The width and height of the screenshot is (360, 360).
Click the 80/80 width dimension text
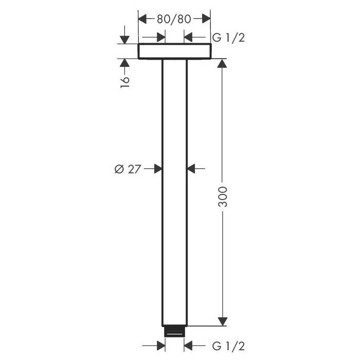point(174,19)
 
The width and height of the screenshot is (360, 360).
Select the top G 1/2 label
point(228,38)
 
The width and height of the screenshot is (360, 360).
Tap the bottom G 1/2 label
point(228,346)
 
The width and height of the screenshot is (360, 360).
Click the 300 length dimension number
point(223,197)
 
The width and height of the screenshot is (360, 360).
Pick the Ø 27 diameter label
point(128,169)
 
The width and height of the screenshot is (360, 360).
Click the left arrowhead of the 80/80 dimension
point(142,19)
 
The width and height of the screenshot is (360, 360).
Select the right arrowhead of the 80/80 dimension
point(206,19)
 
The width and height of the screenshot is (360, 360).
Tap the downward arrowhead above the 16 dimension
point(124,40)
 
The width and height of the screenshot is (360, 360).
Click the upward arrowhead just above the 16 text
point(124,63)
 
